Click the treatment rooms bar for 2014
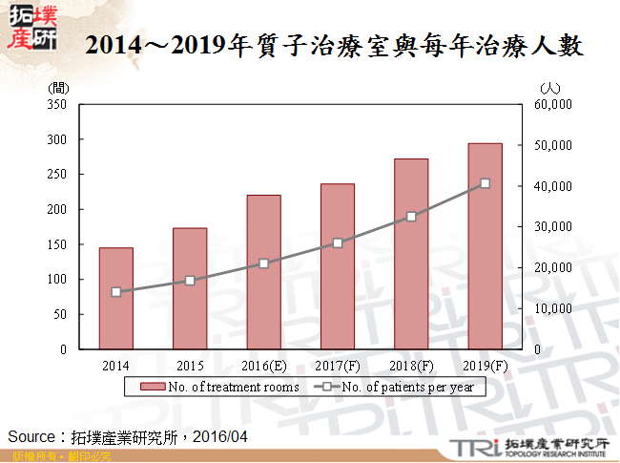[x=115, y=298]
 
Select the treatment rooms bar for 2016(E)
[x=263, y=272]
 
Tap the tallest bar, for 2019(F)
[x=485, y=246]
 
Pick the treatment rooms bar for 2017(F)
[x=337, y=266]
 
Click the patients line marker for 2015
[x=190, y=281]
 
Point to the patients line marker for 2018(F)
[x=411, y=217]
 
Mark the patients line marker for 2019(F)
[x=485, y=183]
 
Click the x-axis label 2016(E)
[x=263, y=366]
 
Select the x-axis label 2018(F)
[x=411, y=366]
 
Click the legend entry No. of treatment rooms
[x=224, y=387]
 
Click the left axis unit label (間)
[x=58, y=88]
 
